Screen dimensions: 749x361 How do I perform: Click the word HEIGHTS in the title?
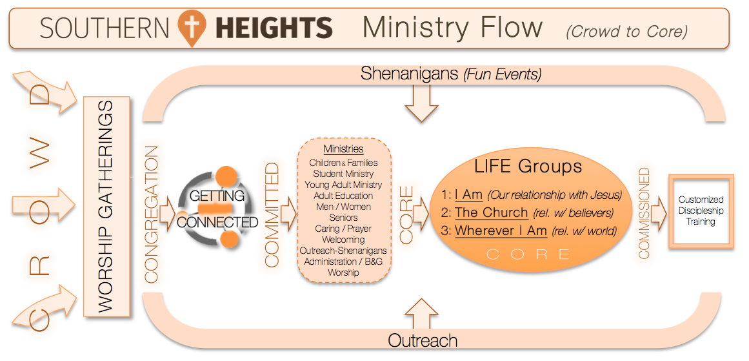[274, 27]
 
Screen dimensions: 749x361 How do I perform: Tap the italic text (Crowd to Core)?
[626, 32]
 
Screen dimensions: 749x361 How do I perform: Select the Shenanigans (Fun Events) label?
[452, 74]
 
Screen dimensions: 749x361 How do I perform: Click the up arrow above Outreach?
[421, 314]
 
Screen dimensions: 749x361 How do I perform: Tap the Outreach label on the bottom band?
[423, 340]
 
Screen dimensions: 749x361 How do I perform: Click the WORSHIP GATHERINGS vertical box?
[106, 206]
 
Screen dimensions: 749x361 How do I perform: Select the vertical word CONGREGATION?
[151, 214]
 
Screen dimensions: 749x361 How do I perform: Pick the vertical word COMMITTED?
[272, 214]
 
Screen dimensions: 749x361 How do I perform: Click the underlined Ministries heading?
[343, 149]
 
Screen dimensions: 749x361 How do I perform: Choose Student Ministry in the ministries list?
[343, 174]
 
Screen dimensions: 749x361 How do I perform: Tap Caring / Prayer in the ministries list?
[343, 229]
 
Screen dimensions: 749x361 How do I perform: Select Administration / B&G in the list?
[343, 262]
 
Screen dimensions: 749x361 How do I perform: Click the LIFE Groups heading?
[528, 167]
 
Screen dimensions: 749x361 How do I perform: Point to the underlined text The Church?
[491, 212]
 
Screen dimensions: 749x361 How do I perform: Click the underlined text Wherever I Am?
[501, 231]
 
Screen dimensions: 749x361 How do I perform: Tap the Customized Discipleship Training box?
[701, 211]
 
